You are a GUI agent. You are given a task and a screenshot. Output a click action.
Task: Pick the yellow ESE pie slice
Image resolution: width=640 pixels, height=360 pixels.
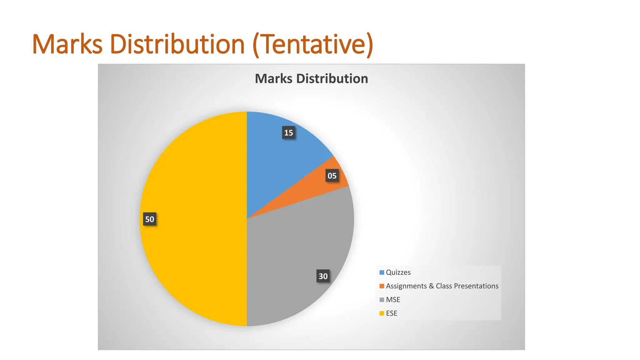click(194, 219)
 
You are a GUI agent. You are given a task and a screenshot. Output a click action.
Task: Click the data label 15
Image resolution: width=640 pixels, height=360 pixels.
click(288, 133)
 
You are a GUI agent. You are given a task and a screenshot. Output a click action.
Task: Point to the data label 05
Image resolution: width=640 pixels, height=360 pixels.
click(332, 176)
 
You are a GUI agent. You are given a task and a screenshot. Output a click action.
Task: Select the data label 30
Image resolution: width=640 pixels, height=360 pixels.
click(323, 276)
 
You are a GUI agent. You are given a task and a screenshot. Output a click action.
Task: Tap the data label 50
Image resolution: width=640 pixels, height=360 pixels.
click(150, 219)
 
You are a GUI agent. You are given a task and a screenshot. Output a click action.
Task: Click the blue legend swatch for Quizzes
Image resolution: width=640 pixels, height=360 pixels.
click(382, 272)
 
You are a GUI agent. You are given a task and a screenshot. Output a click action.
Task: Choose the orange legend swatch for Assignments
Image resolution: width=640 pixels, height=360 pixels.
click(382, 286)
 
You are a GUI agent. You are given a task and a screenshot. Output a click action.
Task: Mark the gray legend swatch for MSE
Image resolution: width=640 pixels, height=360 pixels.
click(382, 300)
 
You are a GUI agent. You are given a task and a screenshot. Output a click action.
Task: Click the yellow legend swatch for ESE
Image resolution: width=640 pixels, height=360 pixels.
click(382, 313)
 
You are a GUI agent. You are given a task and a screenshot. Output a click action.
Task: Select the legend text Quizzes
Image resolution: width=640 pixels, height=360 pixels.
click(398, 272)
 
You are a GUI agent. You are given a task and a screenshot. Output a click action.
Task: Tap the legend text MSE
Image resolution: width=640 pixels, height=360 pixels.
click(393, 300)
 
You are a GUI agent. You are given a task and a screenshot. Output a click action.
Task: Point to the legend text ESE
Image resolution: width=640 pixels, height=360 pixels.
click(392, 313)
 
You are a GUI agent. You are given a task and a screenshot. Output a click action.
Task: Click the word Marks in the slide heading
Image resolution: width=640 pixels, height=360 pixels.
click(67, 44)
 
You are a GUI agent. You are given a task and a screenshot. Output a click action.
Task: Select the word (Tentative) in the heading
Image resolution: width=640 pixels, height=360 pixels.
click(313, 45)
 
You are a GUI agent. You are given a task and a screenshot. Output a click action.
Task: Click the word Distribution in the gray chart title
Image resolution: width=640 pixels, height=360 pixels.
click(332, 79)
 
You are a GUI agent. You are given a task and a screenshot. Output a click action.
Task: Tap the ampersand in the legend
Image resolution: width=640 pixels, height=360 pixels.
click(431, 286)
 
